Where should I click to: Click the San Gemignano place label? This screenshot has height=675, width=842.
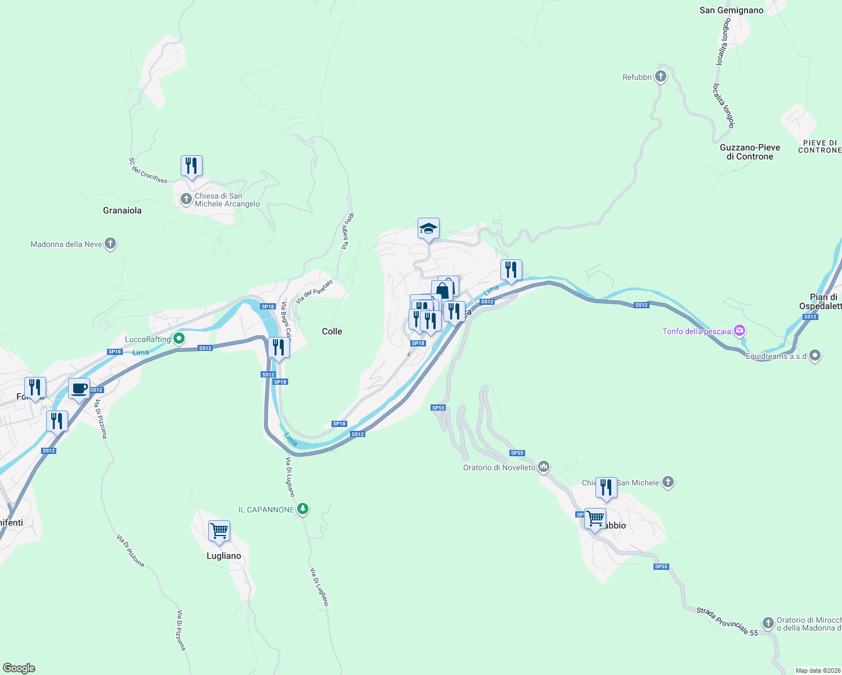pyautogui.click(x=731, y=10)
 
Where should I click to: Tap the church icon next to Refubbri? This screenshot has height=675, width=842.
pyautogui.click(x=661, y=76)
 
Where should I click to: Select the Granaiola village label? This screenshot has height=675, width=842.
pyautogui.click(x=122, y=210)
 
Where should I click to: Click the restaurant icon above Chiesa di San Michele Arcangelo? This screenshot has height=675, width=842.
pyautogui.click(x=191, y=166)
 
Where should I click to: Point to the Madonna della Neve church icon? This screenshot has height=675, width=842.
pyautogui.click(x=110, y=244)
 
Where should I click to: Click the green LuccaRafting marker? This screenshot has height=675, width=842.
pyautogui.click(x=179, y=339)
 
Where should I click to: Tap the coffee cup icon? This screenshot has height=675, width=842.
pyautogui.click(x=79, y=388)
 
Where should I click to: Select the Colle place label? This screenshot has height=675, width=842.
pyautogui.click(x=332, y=331)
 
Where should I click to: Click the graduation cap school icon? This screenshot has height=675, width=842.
pyautogui.click(x=428, y=228)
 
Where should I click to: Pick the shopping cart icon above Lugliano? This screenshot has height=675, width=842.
pyautogui.click(x=219, y=530)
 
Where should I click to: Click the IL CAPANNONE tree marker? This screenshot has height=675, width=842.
pyautogui.click(x=303, y=509)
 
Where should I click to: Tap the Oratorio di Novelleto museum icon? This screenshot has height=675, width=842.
pyautogui.click(x=544, y=467)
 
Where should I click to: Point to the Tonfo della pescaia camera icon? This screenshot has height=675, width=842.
pyautogui.click(x=740, y=331)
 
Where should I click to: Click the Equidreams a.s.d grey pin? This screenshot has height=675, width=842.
pyautogui.click(x=815, y=355)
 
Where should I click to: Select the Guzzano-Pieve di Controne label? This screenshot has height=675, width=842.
pyautogui.click(x=750, y=152)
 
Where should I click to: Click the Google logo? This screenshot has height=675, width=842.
pyautogui.click(x=19, y=668)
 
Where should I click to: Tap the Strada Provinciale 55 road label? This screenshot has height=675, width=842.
pyautogui.click(x=727, y=621)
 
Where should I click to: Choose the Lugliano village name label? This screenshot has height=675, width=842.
pyautogui.click(x=223, y=556)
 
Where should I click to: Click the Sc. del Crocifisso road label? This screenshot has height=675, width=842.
pyautogui.click(x=148, y=170)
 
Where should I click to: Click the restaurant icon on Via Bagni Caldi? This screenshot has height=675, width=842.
pyautogui.click(x=279, y=348)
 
